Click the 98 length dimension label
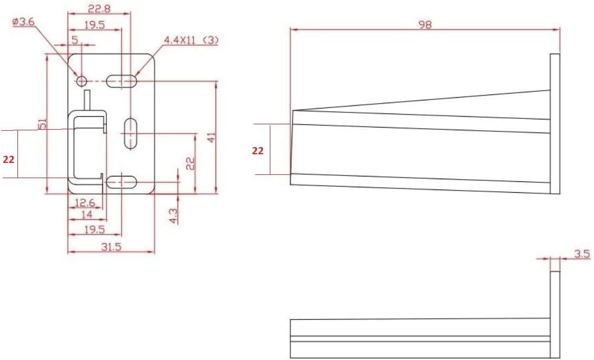click(x=425, y=24)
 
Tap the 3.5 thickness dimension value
click(x=582, y=254)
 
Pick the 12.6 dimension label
click(x=85, y=203)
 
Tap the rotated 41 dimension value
click(x=211, y=136)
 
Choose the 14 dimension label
click(x=87, y=215)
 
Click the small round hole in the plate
click(x=81, y=81)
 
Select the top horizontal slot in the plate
click(x=122, y=81)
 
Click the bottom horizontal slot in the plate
click(x=122, y=182)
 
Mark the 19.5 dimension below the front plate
click(x=94, y=230)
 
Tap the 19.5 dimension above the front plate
click(x=94, y=24)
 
